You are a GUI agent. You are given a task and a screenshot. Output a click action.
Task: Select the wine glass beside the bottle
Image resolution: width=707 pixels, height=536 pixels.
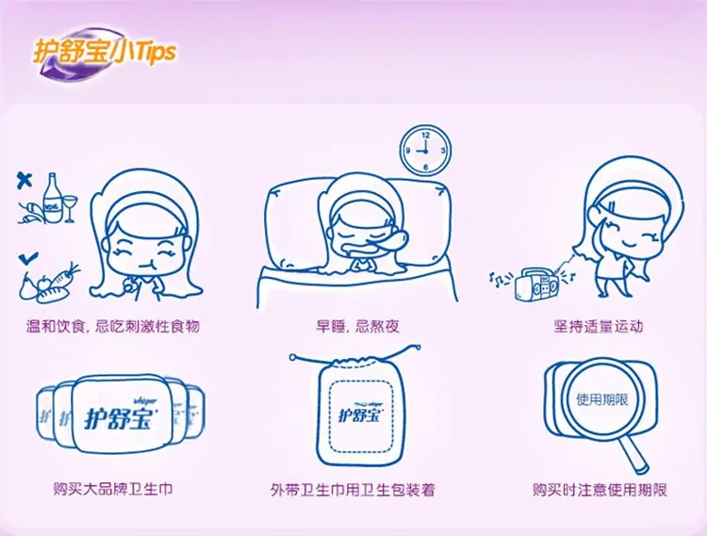pyautogui.click(x=70, y=208)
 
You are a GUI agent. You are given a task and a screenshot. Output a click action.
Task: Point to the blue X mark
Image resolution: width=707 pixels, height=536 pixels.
pyautogui.click(x=25, y=180)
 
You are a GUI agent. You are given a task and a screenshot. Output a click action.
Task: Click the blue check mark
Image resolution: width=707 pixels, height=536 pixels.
pyautogui.click(x=28, y=258)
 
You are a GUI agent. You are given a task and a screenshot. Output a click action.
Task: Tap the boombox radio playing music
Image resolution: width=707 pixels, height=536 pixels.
pyautogui.click(x=536, y=284)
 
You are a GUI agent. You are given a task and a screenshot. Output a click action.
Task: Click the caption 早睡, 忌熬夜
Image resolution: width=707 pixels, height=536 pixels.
pyautogui.click(x=357, y=326)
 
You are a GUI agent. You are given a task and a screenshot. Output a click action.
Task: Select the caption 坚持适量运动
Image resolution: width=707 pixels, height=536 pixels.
pyautogui.click(x=599, y=326)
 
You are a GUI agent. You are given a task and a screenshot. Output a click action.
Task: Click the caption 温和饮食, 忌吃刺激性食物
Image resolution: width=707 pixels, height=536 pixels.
pyautogui.click(x=113, y=326)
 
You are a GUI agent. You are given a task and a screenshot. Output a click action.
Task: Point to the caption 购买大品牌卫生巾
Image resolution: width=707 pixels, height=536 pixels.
pyautogui.click(x=113, y=489)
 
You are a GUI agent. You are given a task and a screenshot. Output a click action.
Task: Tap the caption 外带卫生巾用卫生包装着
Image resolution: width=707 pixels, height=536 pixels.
pyautogui.click(x=353, y=490)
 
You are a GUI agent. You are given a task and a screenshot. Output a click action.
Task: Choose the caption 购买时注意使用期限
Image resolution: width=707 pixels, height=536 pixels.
pyautogui.click(x=600, y=490)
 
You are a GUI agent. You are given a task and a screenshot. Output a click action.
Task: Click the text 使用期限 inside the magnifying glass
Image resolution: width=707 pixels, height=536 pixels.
pyautogui.click(x=602, y=399)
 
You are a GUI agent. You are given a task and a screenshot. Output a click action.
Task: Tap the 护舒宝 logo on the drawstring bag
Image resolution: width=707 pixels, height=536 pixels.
pyautogui.click(x=361, y=413)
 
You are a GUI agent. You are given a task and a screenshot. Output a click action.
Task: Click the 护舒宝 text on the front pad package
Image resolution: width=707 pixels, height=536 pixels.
pyautogui.click(x=118, y=417)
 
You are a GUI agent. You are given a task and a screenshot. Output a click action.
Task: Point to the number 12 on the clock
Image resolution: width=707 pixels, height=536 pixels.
pyautogui.click(x=426, y=135)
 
